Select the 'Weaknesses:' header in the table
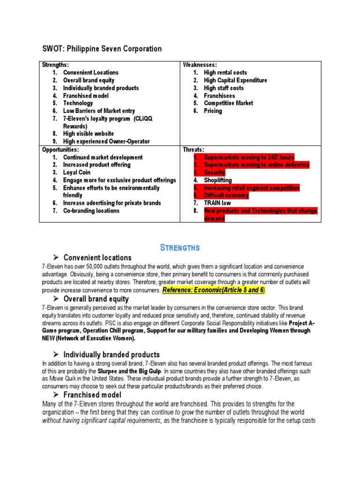[200, 65]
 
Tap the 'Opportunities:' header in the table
[60, 150]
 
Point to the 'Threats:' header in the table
[193, 150]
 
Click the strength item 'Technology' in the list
[78, 103]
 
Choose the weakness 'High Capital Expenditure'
[235, 80]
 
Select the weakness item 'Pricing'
[213, 111]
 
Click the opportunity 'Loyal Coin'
[77, 172]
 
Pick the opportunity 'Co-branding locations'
[91, 210]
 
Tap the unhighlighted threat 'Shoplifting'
[217, 180]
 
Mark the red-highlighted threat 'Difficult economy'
[226, 195]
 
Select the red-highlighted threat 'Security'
[214, 172]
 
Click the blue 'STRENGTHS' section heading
[180, 247]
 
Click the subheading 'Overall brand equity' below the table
[96, 299]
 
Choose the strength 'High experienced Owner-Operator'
[106, 141]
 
